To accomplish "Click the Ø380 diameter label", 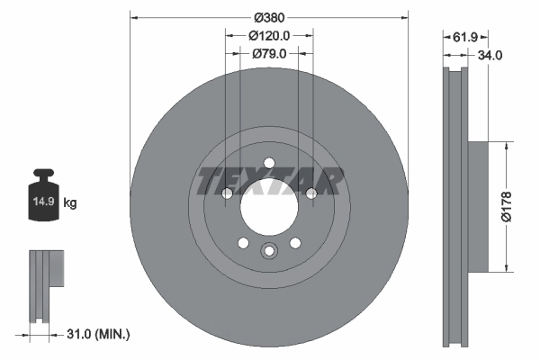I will (x=269, y=17).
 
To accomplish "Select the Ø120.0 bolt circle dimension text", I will (x=269, y=36).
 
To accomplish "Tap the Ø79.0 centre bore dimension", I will (x=269, y=54).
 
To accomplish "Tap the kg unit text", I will (x=70, y=203).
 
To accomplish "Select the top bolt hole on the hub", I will (x=268, y=163).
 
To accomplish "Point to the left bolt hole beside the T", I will (x=227, y=193).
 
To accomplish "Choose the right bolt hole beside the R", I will (x=311, y=193).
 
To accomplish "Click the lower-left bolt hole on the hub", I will (x=243, y=242).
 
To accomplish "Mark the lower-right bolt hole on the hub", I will (x=295, y=242).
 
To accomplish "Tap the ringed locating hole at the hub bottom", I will (x=268, y=252).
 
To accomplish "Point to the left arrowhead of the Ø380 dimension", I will (x=133, y=17).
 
